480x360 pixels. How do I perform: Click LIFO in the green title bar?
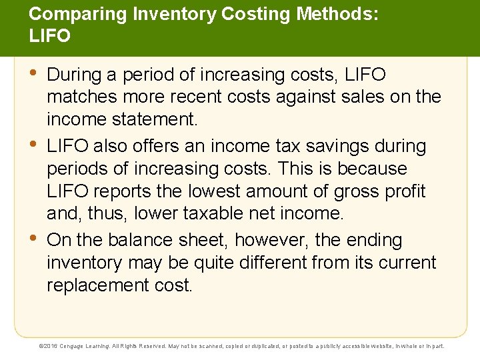click(x=49, y=36)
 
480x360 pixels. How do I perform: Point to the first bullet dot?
click(x=34, y=73)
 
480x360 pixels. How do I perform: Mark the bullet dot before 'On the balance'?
click(x=34, y=239)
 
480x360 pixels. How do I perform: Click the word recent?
click(x=193, y=97)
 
